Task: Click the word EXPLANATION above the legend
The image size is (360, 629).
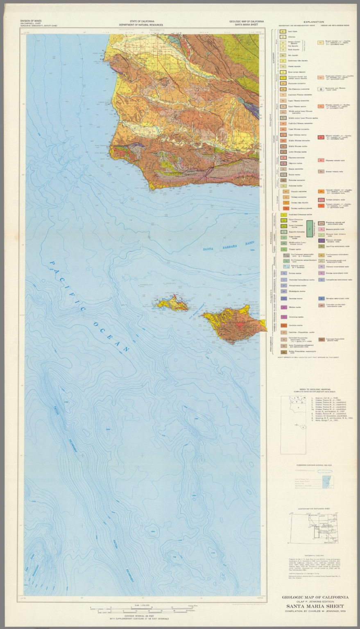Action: pyautogui.click(x=314, y=22)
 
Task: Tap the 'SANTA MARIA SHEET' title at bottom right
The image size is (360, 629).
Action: pyautogui.click(x=315, y=606)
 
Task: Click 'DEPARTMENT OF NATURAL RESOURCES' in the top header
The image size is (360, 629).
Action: pyautogui.click(x=140, y=25)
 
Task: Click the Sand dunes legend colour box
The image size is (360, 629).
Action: pyautogui.click(x=283, y=31)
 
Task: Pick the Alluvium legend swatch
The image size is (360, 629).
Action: pyautogui.click(x=283, y=37)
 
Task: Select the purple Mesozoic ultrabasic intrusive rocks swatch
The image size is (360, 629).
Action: pyautogui.click(x=321, y=240)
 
